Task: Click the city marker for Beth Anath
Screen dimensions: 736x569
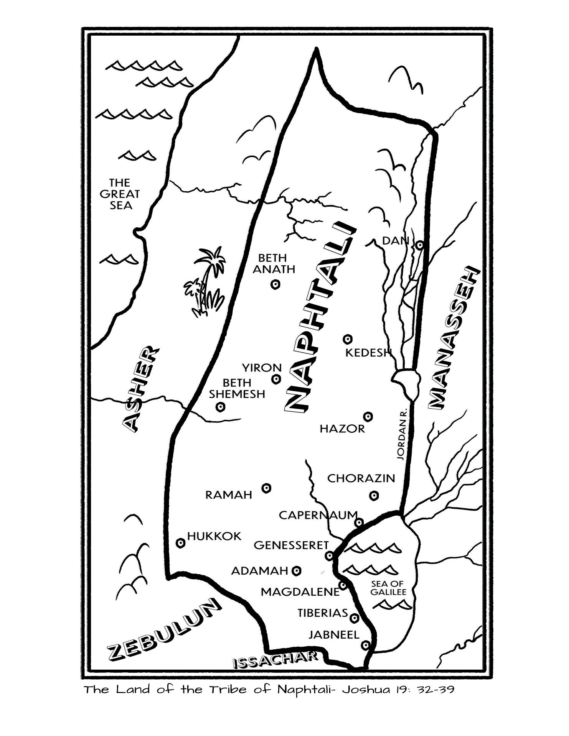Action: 275,284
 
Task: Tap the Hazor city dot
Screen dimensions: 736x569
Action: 368,417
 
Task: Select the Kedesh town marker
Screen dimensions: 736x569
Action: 348,339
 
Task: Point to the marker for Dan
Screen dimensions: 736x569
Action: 420,245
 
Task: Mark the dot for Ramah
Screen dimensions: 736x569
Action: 267,488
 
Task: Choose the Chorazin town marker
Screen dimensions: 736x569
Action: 374,496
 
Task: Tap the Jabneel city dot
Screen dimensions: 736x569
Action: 366,645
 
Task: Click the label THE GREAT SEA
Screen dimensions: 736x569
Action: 120,194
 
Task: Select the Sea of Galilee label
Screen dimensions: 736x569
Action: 388,588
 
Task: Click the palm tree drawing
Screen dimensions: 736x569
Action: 206,283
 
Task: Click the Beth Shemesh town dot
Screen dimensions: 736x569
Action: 220,407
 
